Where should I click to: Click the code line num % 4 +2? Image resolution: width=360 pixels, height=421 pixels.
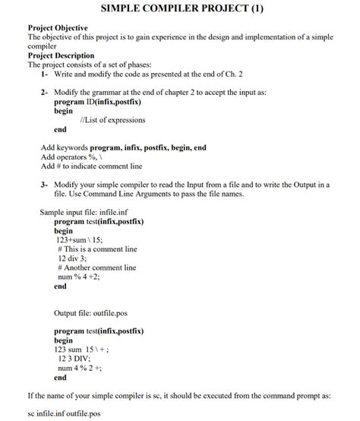point(84,277)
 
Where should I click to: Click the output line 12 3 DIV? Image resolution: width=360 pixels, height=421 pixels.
point(80,359)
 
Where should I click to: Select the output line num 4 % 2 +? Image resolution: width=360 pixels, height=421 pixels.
point(89,368)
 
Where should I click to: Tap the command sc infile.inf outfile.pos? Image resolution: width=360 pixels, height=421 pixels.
point(63,414)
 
